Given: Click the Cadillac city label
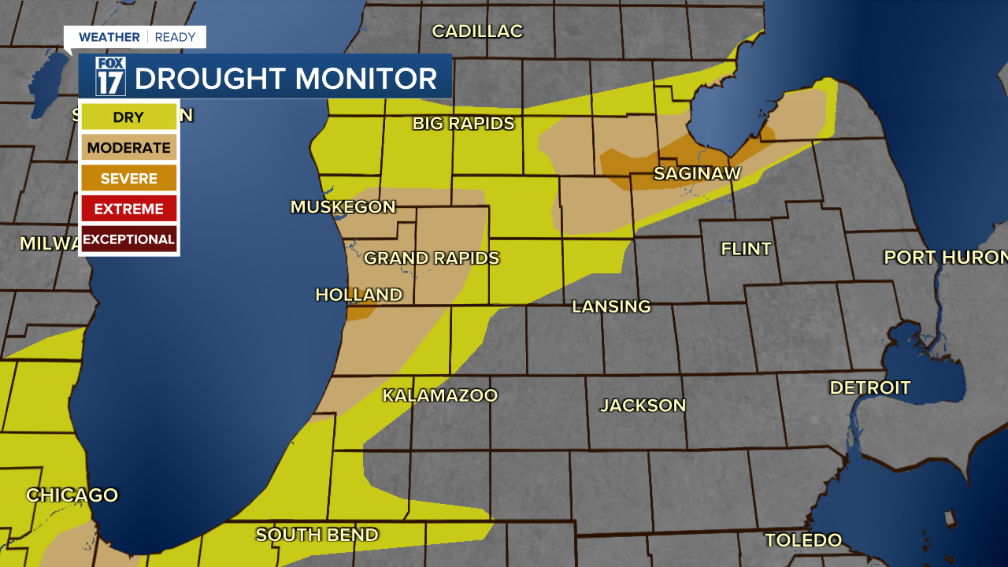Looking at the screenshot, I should [477, 31].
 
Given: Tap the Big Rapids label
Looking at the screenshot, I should [464, 124].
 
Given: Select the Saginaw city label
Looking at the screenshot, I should [698, 173].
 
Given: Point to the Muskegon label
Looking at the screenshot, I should [343, 207].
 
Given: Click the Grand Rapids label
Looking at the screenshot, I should [432, 258].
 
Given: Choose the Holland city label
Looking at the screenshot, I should [359, 295].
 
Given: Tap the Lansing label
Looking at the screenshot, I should [611, 306].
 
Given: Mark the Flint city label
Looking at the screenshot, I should [746, 249].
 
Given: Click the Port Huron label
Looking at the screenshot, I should [945, 258].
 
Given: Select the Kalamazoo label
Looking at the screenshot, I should [440, 395].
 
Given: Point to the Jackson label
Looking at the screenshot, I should [643, 406].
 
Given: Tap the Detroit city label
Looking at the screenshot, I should [870, 387].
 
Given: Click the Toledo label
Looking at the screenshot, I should [803, 540].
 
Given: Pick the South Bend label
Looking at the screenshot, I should [317, 535].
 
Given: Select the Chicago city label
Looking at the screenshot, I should [72, 495].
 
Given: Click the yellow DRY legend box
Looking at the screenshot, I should [128, 117].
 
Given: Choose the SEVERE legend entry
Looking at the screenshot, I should [128, 179].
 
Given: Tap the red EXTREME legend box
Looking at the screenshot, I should [128, 209].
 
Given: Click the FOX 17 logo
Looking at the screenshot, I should [110, 76].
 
